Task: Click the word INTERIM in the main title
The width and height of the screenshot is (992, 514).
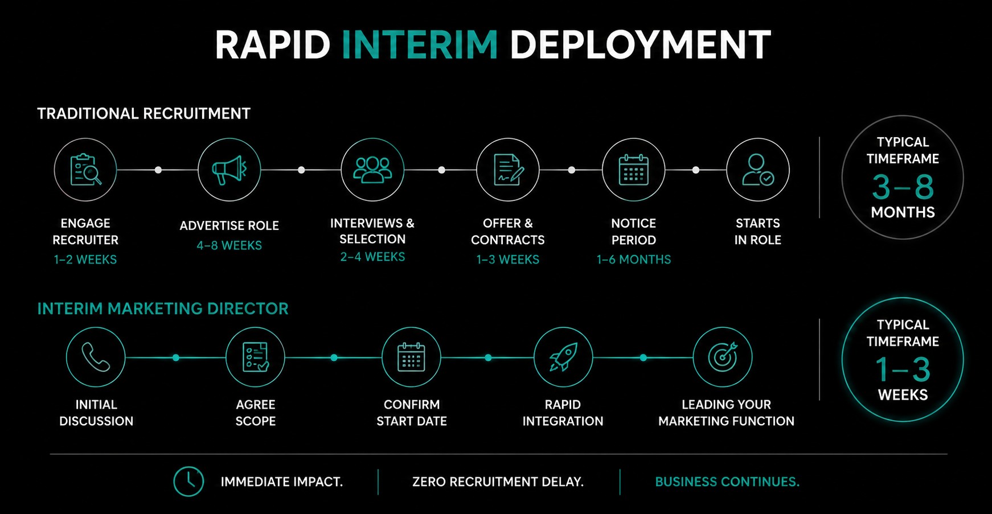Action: [x=420, y=45]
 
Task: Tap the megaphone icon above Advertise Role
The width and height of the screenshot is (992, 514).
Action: [x=229, y=170]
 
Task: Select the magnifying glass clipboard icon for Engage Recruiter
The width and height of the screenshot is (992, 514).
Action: [x=85, y=170]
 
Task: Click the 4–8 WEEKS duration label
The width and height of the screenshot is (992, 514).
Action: [x=229, y=245]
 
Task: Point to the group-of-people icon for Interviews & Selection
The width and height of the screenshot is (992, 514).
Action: [x=372, y=170]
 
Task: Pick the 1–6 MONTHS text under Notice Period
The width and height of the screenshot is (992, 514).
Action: [x=633, y=260]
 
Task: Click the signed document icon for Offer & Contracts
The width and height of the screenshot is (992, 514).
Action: [x=508, y=170]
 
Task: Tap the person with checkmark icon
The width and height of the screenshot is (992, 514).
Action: [x=758, y=170]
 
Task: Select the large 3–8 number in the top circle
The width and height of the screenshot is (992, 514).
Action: [x=903, y=187]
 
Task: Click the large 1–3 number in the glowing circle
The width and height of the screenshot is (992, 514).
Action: [x=903, y=369]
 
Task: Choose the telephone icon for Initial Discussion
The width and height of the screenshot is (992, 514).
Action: [x=96, y=357]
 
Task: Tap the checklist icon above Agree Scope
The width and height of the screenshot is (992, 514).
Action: [x=255, y=357]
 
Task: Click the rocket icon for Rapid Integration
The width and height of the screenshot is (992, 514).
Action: [x=563, y=357]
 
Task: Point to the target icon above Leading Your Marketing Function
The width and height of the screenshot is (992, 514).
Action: [x=723, y=357]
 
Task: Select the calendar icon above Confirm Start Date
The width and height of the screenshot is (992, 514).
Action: [x=411, y=357]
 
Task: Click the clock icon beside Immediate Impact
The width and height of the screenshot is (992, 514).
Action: [x=188, y=482]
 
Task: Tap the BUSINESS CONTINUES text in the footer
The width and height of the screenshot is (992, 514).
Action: [x=727, y=482]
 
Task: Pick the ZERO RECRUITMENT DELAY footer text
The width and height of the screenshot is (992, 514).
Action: [x=498, y=482]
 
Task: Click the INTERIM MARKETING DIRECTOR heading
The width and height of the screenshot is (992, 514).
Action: [x=163, y=309]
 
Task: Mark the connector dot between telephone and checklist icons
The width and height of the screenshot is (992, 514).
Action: [x=176, y=357]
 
